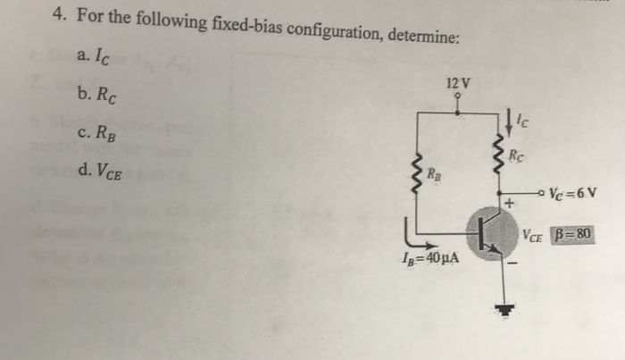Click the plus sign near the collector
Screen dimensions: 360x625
pyautogui.click(x=510, y=205)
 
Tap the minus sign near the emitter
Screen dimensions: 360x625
pyautogui.click(x=512, y=264)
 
